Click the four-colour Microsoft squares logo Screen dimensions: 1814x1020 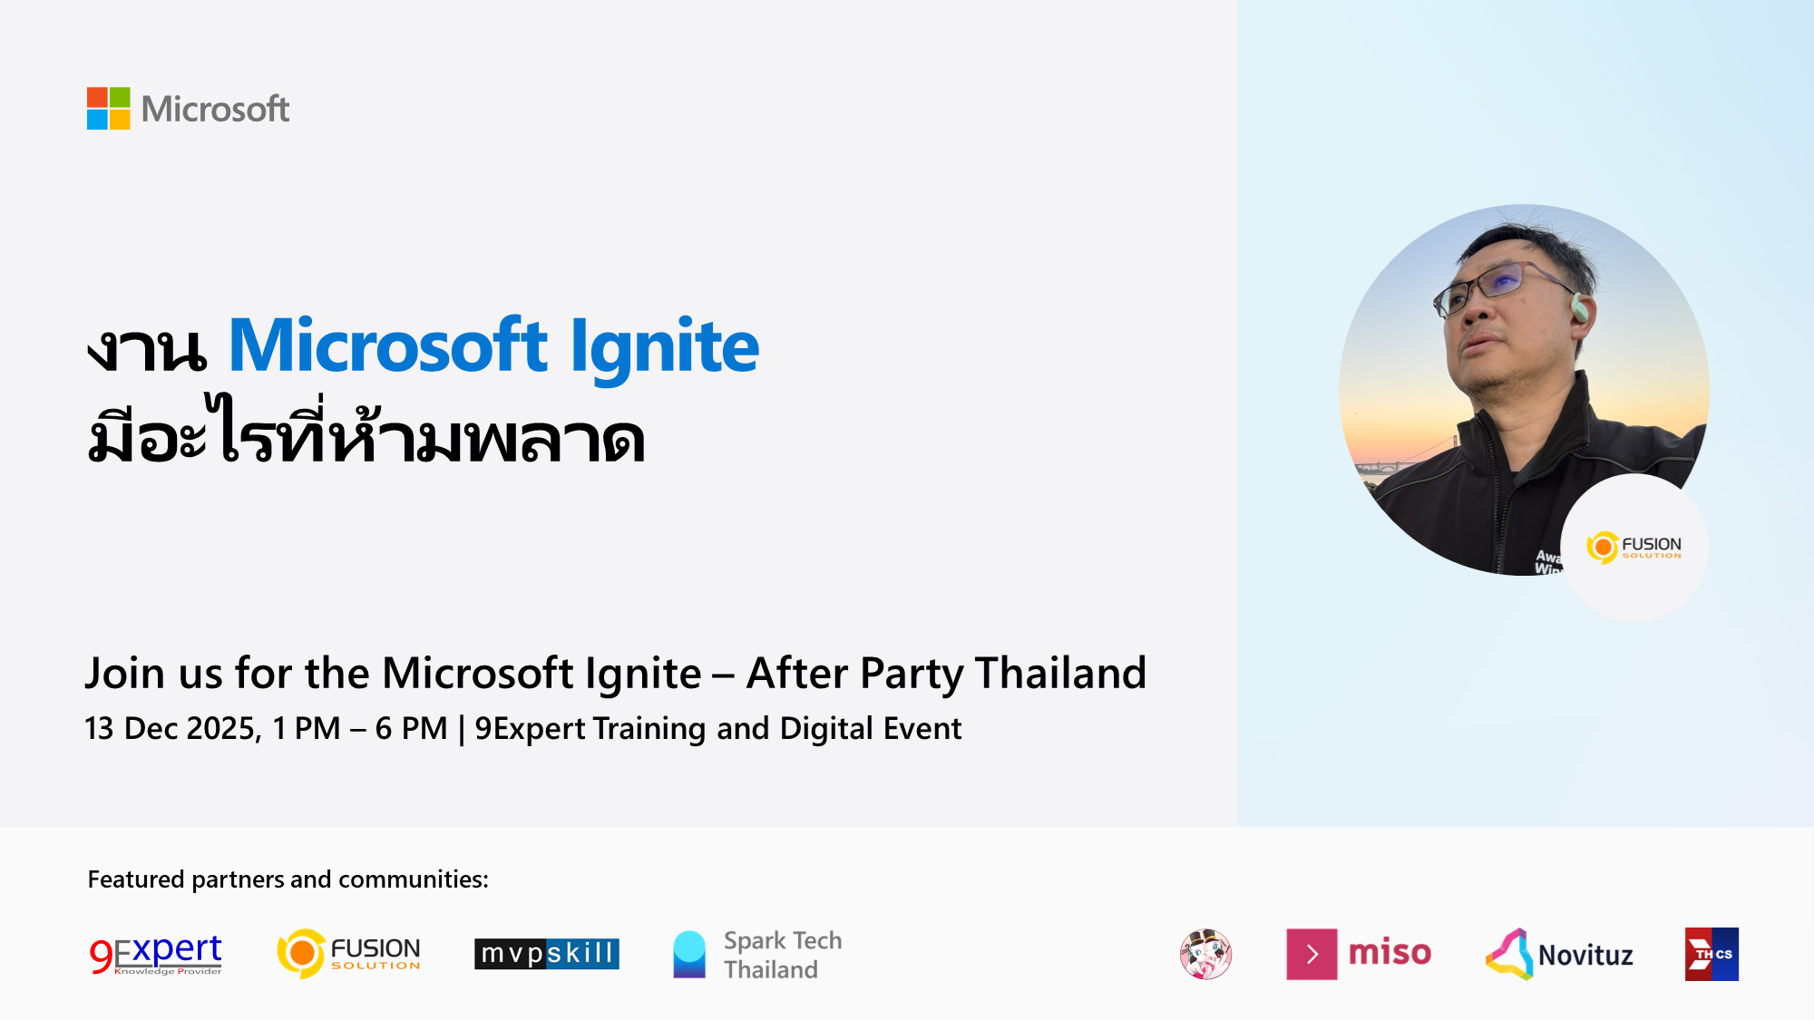point(108,109)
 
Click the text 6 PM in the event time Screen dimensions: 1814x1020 point(411,728)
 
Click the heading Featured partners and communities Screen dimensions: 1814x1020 point(288,879)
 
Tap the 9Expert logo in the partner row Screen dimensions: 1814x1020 point(156,955)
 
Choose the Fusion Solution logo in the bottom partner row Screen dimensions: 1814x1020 point(349,954)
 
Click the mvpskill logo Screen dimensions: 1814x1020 point(547,954)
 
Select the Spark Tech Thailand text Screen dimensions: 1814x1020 point(783,955)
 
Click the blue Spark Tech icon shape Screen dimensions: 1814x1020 point(689,954)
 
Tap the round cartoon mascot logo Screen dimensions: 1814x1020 point(1205,954)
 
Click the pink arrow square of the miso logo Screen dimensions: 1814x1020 point(1312,954)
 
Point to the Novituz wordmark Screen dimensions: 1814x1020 point(1585,956)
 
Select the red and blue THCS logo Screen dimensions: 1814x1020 point(1712,954)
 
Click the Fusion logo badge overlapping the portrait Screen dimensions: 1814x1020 point(1634,548)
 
